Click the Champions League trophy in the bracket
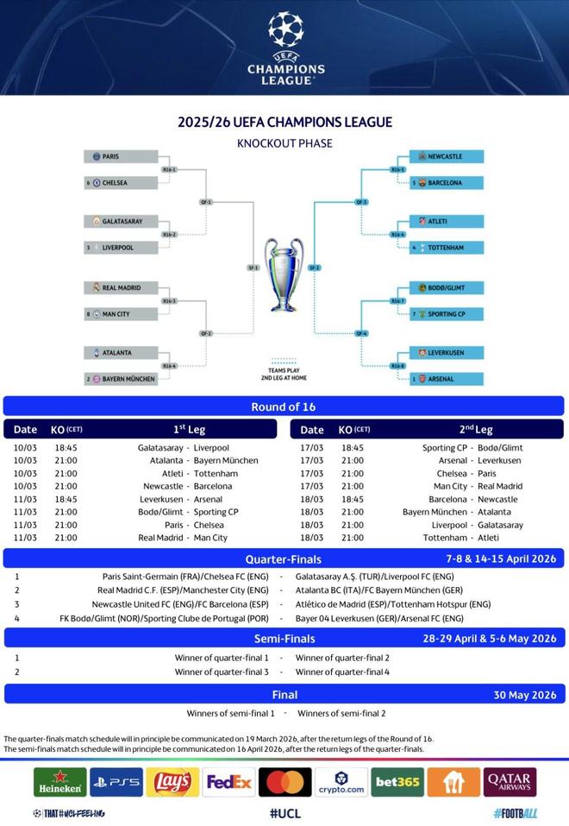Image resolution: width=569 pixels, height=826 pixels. point(284,274)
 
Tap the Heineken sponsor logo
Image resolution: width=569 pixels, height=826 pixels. point(59,782)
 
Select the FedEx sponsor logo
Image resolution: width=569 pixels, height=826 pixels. point(228,782)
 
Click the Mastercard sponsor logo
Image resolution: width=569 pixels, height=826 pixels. point(284,782)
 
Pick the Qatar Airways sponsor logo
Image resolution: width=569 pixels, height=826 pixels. point(510,782)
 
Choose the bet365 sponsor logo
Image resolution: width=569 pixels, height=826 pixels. point(397,782)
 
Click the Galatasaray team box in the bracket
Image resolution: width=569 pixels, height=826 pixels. point(122,221)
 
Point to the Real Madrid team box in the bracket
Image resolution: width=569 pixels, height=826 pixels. point(122,287)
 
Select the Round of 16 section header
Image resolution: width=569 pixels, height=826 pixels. point(284,407)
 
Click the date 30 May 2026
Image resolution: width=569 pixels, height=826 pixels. point(525,695)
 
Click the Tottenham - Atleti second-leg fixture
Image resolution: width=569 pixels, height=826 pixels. point(472,538)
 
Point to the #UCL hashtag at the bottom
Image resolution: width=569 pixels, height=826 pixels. point(284,813)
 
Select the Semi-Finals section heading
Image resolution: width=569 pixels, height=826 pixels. point(284,639)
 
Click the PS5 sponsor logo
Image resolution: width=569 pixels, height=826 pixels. point(116,782)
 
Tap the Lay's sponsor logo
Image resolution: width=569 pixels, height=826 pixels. point(172,782)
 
